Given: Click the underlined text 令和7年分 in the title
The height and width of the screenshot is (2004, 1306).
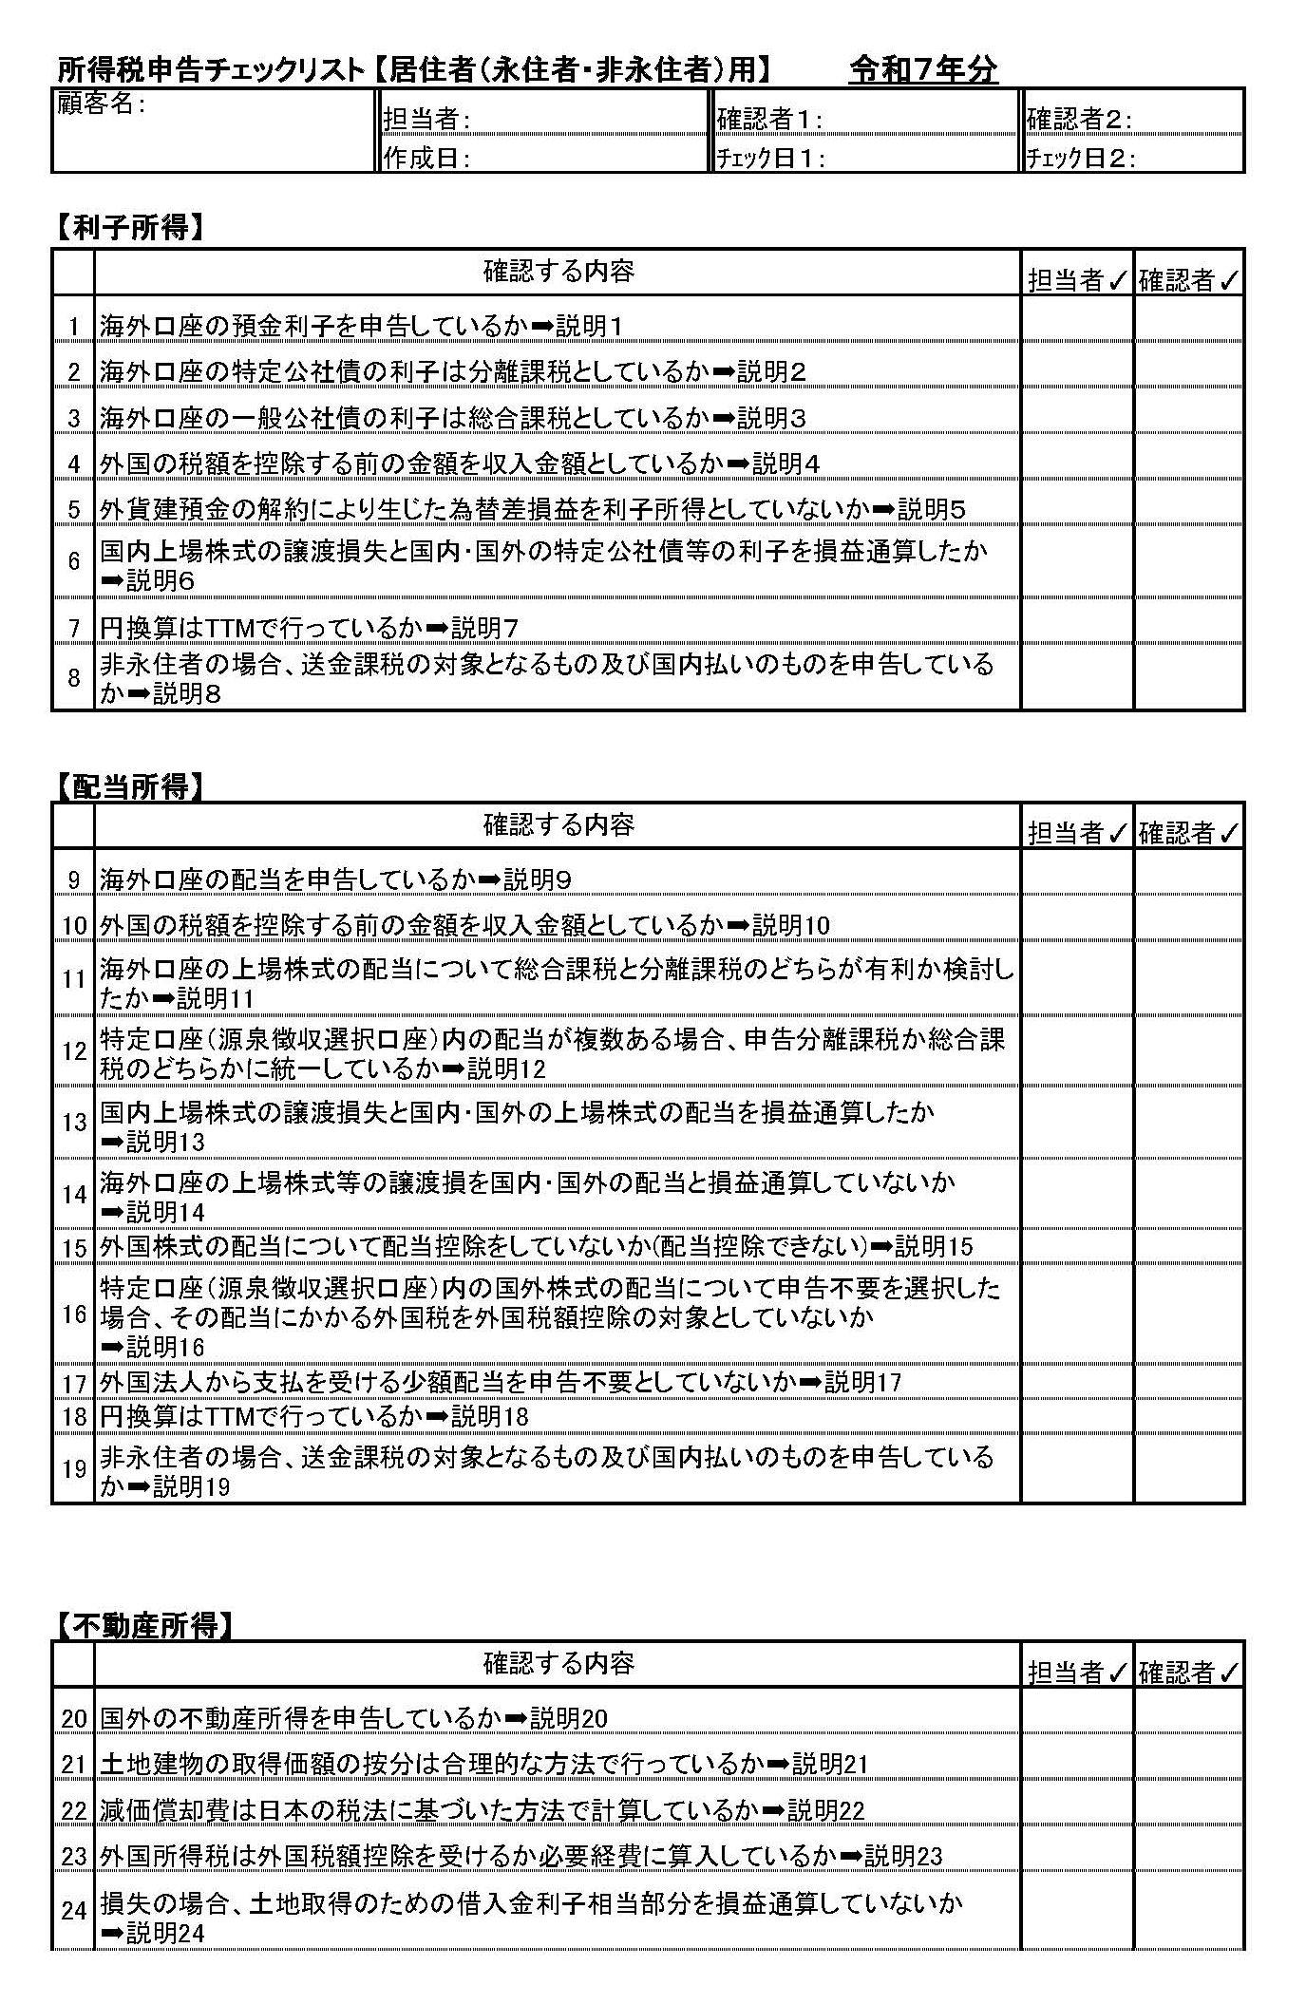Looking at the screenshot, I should coord(922,69).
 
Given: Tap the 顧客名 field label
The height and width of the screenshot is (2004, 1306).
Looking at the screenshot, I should coord(101,104).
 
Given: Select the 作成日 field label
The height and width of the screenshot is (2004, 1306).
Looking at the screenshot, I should coord(426,158).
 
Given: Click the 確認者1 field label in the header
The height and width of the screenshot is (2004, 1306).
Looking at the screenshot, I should coord(769,119).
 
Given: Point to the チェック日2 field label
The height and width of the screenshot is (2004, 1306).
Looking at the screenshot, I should coord(1081,158).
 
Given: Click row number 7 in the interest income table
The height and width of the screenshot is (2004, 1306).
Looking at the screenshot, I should coord(73,629).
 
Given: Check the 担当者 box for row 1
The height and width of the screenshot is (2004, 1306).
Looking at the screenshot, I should coord(1077,325).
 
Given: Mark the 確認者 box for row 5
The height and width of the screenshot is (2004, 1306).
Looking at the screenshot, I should coord(1188,508).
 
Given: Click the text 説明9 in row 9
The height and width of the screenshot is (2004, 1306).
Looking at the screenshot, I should coord(537,880).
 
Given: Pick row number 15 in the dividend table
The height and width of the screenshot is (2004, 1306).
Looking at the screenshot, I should coord(74,1247).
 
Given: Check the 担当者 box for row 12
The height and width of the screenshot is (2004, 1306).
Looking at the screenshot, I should coord(1077,1051).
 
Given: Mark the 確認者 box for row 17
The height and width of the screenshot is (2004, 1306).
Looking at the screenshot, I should coord(1188,1382).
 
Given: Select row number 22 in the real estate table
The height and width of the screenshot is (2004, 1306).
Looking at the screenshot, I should coord(74,1811).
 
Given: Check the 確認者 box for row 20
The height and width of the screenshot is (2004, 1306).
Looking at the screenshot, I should coord(1188,1718).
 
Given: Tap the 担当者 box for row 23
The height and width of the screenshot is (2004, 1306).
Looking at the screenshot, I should coord(1077,1856).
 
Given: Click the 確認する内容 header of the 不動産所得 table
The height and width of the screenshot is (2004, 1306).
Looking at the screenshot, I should coord(558,1664).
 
